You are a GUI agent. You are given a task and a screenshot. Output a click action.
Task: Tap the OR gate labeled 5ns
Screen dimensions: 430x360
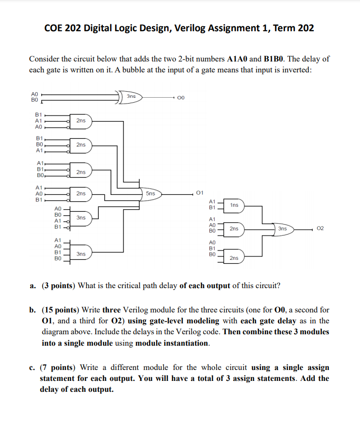[152, 193]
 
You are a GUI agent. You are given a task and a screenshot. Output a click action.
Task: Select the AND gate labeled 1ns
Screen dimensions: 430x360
[235, 205]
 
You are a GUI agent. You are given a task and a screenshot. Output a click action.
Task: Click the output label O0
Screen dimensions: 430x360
[181, 98]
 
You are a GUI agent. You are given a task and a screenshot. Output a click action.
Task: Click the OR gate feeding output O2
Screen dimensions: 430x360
[283, 229]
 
